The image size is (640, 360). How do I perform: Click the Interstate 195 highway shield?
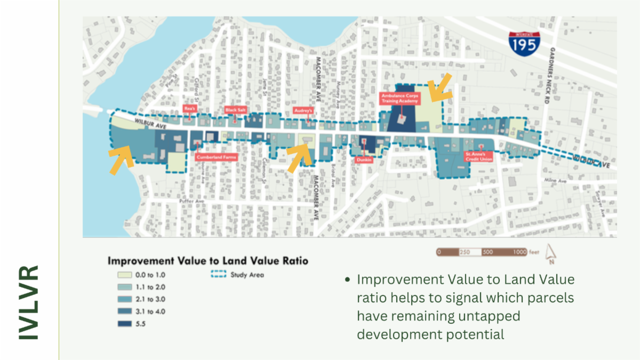[523, 42]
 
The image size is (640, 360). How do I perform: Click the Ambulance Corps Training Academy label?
[401, 98]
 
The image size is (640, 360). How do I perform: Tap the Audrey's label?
[302, 110]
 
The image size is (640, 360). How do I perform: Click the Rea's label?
[188, 108]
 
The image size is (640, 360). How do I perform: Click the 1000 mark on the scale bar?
[520, 252]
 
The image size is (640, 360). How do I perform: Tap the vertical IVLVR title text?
[29, 301]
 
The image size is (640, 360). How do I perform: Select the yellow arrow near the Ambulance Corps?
[439, 88]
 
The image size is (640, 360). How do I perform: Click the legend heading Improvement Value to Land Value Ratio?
[208, 261]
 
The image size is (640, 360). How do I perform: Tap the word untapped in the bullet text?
[493, 316]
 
